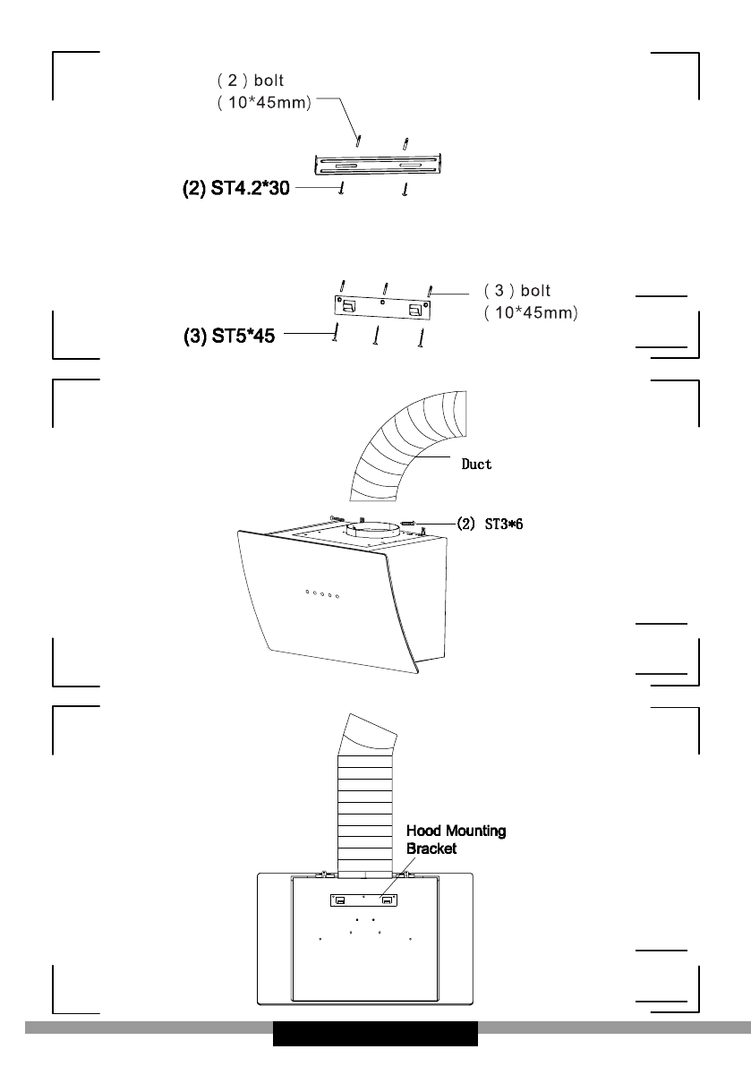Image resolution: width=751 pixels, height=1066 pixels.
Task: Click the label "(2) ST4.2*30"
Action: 235,188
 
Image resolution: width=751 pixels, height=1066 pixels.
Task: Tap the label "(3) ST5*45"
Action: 229,336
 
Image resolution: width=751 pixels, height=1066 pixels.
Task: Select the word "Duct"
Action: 476,465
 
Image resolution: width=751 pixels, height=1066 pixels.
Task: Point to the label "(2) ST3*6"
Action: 490,524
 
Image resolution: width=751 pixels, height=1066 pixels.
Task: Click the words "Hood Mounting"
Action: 456,831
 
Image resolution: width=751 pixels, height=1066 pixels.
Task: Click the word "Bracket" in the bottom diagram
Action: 431,849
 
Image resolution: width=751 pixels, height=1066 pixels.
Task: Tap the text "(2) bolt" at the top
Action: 250,81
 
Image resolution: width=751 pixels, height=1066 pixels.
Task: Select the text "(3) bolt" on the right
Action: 517,290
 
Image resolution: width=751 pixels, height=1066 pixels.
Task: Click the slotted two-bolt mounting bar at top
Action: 379,165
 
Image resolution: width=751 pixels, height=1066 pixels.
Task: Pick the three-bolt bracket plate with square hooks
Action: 383,308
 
